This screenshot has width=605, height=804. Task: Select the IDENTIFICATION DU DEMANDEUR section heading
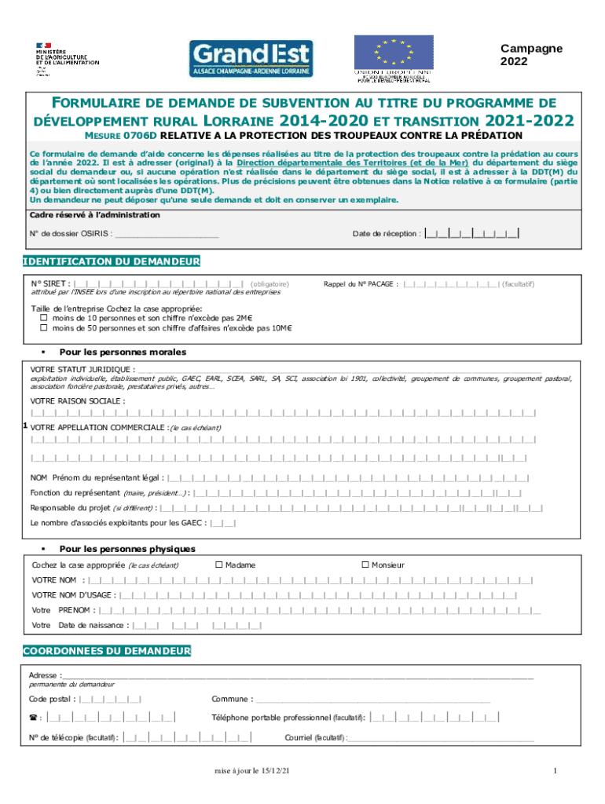pos(112,261)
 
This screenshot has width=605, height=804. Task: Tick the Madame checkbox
pos(219,565)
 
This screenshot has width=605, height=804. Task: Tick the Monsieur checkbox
pos(365,565)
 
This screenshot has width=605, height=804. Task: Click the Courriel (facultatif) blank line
pos(440,737)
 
